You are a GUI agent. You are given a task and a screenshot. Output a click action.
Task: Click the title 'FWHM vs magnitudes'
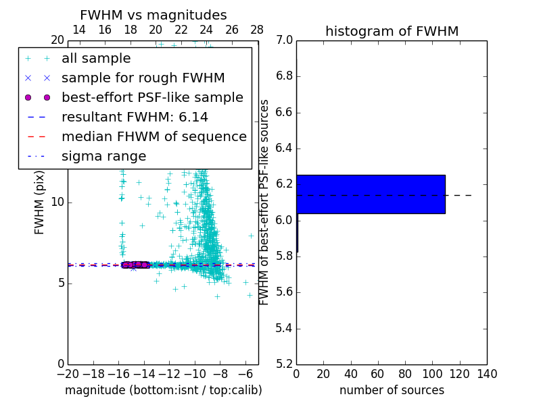pyautogui.click(x=154, y=16)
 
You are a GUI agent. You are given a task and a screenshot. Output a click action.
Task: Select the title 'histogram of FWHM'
pyautogui.click(x=392, y=31)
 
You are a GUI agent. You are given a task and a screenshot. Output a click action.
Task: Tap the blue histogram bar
pyautogui.click(x=371, y=194)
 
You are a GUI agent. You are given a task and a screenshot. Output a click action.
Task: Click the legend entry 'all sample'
pyautogui.click(x=96, y=59)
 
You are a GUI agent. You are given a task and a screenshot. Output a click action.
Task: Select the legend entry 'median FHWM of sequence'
pyautogui.click(x=154, y=136)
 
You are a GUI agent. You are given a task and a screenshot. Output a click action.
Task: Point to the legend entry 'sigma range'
pyautogui.click(x=103, y=156)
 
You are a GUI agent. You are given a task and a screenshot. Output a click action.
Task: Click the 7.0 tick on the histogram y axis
pyautogui.click(x=284, y=40)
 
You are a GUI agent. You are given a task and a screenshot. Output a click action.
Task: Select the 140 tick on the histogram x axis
pyautogui.click(x=487, y=374)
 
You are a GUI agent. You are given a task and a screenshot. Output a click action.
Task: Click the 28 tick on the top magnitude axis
pyautogui.click(x=257, y=30)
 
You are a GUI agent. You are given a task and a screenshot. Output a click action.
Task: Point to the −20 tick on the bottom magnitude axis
pyautogui.click(x=68, y=374)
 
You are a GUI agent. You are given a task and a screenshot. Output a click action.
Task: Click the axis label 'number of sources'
pyautogui.click(x=392, y=390)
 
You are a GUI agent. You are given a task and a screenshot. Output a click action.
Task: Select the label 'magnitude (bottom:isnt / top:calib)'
pyautogui.click(x=163, y=390)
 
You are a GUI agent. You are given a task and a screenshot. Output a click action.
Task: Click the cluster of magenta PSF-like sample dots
pyautogui.click(x=135, y=265)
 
